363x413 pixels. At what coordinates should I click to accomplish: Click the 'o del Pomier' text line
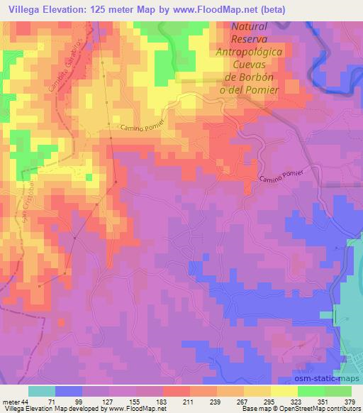coord(258,90)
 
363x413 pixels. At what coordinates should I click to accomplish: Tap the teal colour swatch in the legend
coord(41,391)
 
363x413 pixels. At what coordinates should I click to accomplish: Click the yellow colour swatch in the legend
coord(284,391)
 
